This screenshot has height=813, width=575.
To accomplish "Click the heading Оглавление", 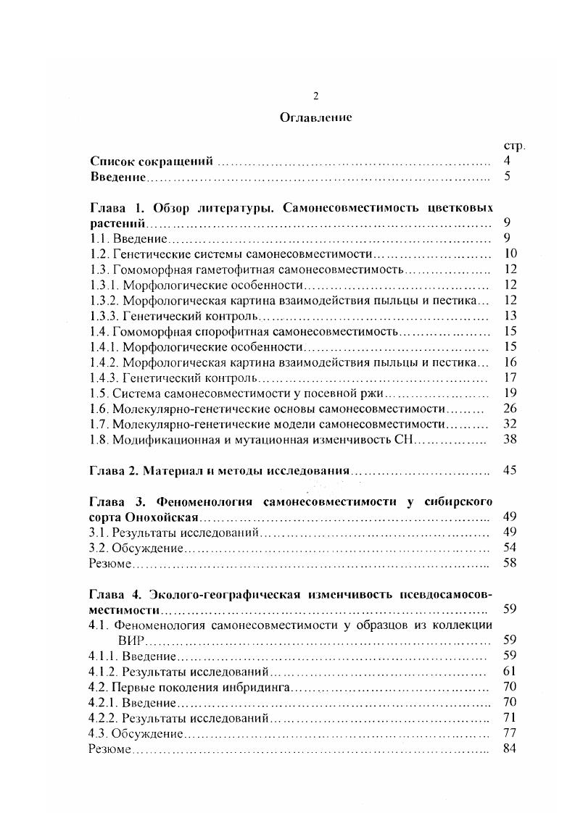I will click(315, 118).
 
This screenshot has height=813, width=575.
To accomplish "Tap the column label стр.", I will click(513, 146).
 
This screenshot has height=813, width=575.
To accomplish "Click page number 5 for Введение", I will click(508, 176).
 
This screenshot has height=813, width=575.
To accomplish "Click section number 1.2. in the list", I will click(99, 254).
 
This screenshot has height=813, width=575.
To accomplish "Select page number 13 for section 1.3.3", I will click(508, 315).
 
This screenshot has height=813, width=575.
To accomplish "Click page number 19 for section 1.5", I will click(508, 393).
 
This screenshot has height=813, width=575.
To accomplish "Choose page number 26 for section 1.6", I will click(508, 408).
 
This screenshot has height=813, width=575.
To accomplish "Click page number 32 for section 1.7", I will click(508, 423).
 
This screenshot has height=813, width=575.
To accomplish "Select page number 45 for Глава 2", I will click(508, 470).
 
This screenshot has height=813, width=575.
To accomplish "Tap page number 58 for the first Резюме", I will click(508, 562).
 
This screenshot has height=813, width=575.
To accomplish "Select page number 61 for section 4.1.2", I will click(508, 671).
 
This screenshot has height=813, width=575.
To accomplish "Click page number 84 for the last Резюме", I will click(508, 748).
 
